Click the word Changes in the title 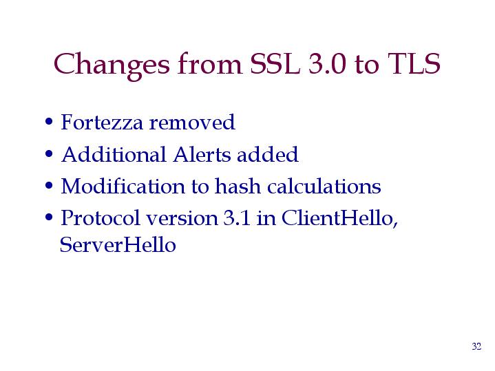112,65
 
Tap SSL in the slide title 275,63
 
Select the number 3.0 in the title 328,63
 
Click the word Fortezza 102,122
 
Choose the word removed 192,123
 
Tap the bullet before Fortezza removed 49,122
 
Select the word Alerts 202,154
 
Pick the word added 268,154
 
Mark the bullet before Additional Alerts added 49,154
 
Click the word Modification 123,186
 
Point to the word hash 238,186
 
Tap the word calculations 324,186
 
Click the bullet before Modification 49,186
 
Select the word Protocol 101,218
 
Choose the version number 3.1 237,218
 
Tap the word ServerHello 118,244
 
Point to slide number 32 476,346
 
